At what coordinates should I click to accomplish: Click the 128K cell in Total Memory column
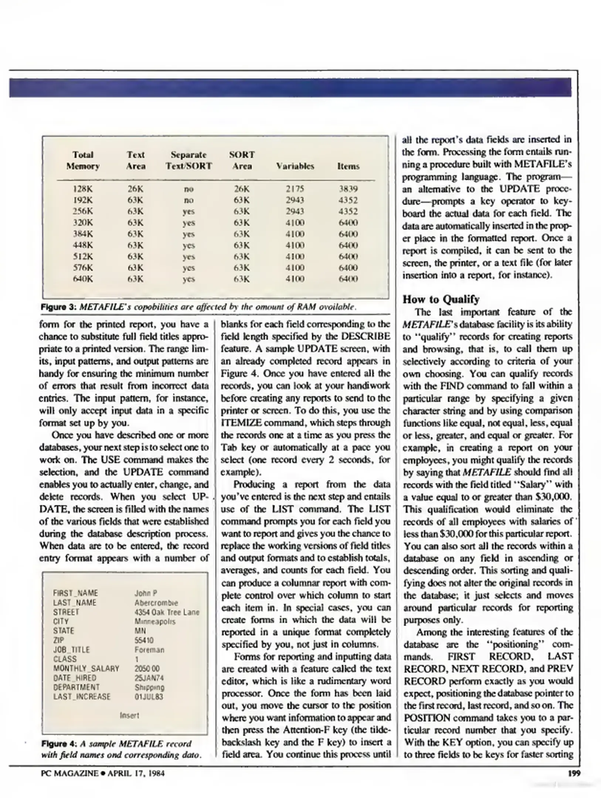[x=83, y=189]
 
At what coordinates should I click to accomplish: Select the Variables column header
[x=295, y=166]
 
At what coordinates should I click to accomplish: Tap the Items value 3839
[x=348, y=189]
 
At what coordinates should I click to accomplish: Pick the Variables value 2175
[x=295, y=189]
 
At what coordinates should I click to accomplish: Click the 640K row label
[x=83, y=279]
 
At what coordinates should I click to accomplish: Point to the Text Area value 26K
[x=135, y=189]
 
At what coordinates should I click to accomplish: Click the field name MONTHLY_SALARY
[x=86, y=668]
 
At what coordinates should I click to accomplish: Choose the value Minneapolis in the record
[x=155, y=621]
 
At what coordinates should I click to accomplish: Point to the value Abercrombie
[x=156, y=603]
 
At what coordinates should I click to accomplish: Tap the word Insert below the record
[x=129, y=715]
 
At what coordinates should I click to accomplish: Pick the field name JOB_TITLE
[x=71, y=649]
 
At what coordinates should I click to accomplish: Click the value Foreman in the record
[x=149, y=649]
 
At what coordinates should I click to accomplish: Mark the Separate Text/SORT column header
[x=189, y=160]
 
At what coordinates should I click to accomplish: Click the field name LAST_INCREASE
[x=82, y=697]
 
